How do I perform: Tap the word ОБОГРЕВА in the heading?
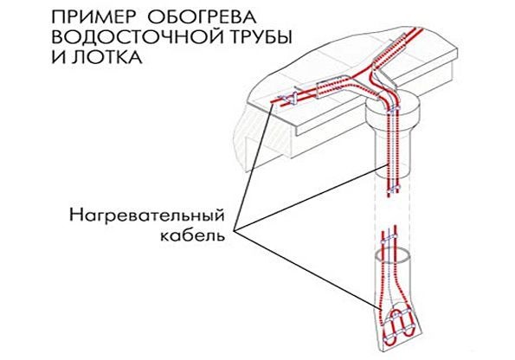tap(201, 17)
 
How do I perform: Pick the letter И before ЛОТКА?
tap(58, 57)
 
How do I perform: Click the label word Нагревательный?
tap(147, 216)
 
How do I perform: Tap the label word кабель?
tap(192, 235)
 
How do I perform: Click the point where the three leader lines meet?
tap(235, 229)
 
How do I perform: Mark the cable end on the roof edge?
tap(271, 103)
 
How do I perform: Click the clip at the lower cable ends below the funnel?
tap(393, 190)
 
